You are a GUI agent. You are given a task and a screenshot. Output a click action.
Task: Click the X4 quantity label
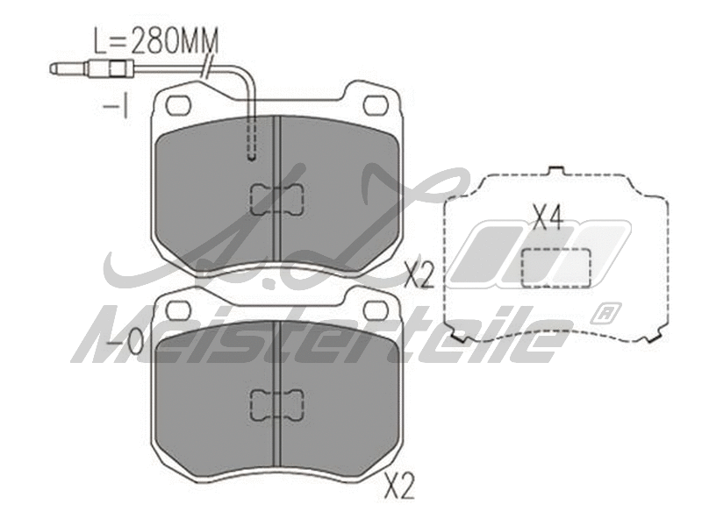click(x=548, y=217)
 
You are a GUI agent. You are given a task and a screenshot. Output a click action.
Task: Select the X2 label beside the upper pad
click(x=419, y=276)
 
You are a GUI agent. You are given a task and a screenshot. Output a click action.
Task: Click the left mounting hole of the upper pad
click(x=178, y=104)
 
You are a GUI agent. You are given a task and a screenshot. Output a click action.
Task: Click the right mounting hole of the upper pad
click(x=376, y=104)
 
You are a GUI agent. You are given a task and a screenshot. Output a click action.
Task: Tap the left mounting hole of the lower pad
click(x=178, y=309)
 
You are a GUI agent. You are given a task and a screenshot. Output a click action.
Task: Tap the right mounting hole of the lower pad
click(x=376, y=309)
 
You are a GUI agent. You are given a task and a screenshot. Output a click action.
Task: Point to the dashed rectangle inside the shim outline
click(x=555, y=266)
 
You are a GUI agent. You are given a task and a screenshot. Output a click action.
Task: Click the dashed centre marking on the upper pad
click(x=276, y=200)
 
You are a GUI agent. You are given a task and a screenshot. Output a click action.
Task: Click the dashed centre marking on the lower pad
click(x=276, y=404)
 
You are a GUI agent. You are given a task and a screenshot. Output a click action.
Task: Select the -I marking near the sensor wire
click(x=116, y=108)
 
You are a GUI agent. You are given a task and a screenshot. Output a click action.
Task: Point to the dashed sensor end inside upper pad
click(x=252, y=140)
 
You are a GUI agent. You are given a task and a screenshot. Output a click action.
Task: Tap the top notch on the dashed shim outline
click(x=555, y=170)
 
